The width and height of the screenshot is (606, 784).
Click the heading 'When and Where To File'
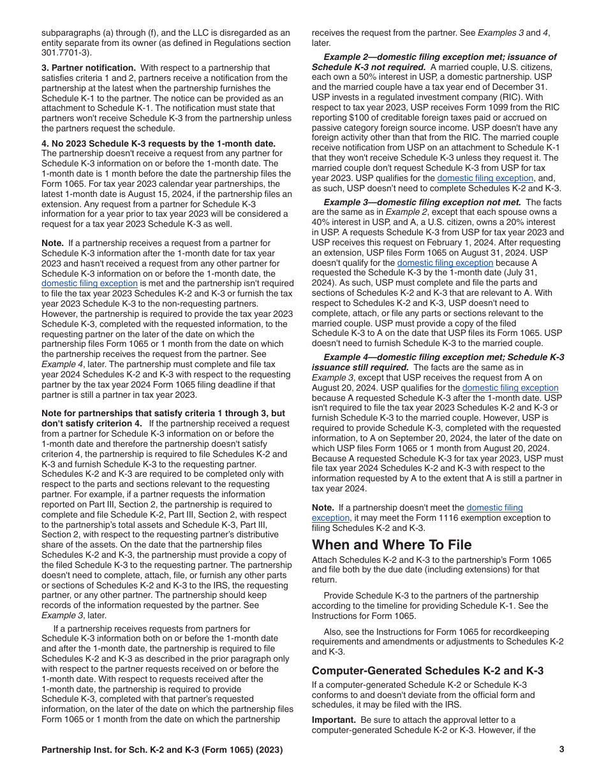click(392, 544)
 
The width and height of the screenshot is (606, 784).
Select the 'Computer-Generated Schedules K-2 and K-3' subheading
click(427, 671)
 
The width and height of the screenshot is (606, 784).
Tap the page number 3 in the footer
click(561, 750)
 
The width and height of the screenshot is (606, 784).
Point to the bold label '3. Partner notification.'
click(89, 68)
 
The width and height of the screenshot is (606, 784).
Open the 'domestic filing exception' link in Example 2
click(485, 178)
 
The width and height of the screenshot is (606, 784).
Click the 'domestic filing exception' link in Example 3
click(445, 263)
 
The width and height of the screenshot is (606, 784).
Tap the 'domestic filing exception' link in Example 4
click(510, 388)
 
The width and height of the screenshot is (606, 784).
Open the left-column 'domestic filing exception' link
click(89, 283)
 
